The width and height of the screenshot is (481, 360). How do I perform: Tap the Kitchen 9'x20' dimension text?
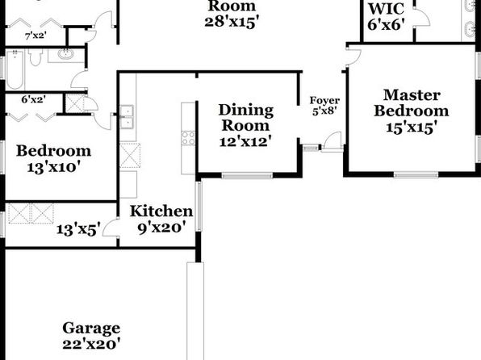(x=161, y=228)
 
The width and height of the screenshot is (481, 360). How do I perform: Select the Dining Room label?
(x=245, y=118)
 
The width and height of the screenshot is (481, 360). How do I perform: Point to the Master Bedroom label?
(x=412, y=103)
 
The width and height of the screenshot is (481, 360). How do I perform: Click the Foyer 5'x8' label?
(x=324, y=106)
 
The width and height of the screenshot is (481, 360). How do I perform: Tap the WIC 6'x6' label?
(x=387, y=17)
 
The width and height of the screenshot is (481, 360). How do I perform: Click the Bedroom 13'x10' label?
(x=54, y=159)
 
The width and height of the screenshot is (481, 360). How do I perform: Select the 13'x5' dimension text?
(x=78, y=229)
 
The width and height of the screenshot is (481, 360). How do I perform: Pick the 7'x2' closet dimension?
(x=36, y=36)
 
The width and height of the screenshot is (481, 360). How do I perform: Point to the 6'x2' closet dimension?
(x=34, y=99)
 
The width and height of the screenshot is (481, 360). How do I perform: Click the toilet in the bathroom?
(x=36, y=57)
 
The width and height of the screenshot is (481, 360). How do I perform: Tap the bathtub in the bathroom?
(x=15, y=69)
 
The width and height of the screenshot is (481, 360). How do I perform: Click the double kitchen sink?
(x=127, y=116)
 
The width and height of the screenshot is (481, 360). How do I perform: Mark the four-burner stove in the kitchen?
(x=188, y=138)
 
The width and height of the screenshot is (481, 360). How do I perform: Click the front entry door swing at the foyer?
(x=332, y=141)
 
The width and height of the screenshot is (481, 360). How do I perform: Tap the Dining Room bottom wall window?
(x=247, y=176)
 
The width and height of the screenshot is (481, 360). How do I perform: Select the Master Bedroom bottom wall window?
(x=416, y=175)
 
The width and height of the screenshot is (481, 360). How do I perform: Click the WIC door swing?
(x=421, y=18)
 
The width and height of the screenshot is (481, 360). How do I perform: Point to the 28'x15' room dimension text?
(x=230, y=22)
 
